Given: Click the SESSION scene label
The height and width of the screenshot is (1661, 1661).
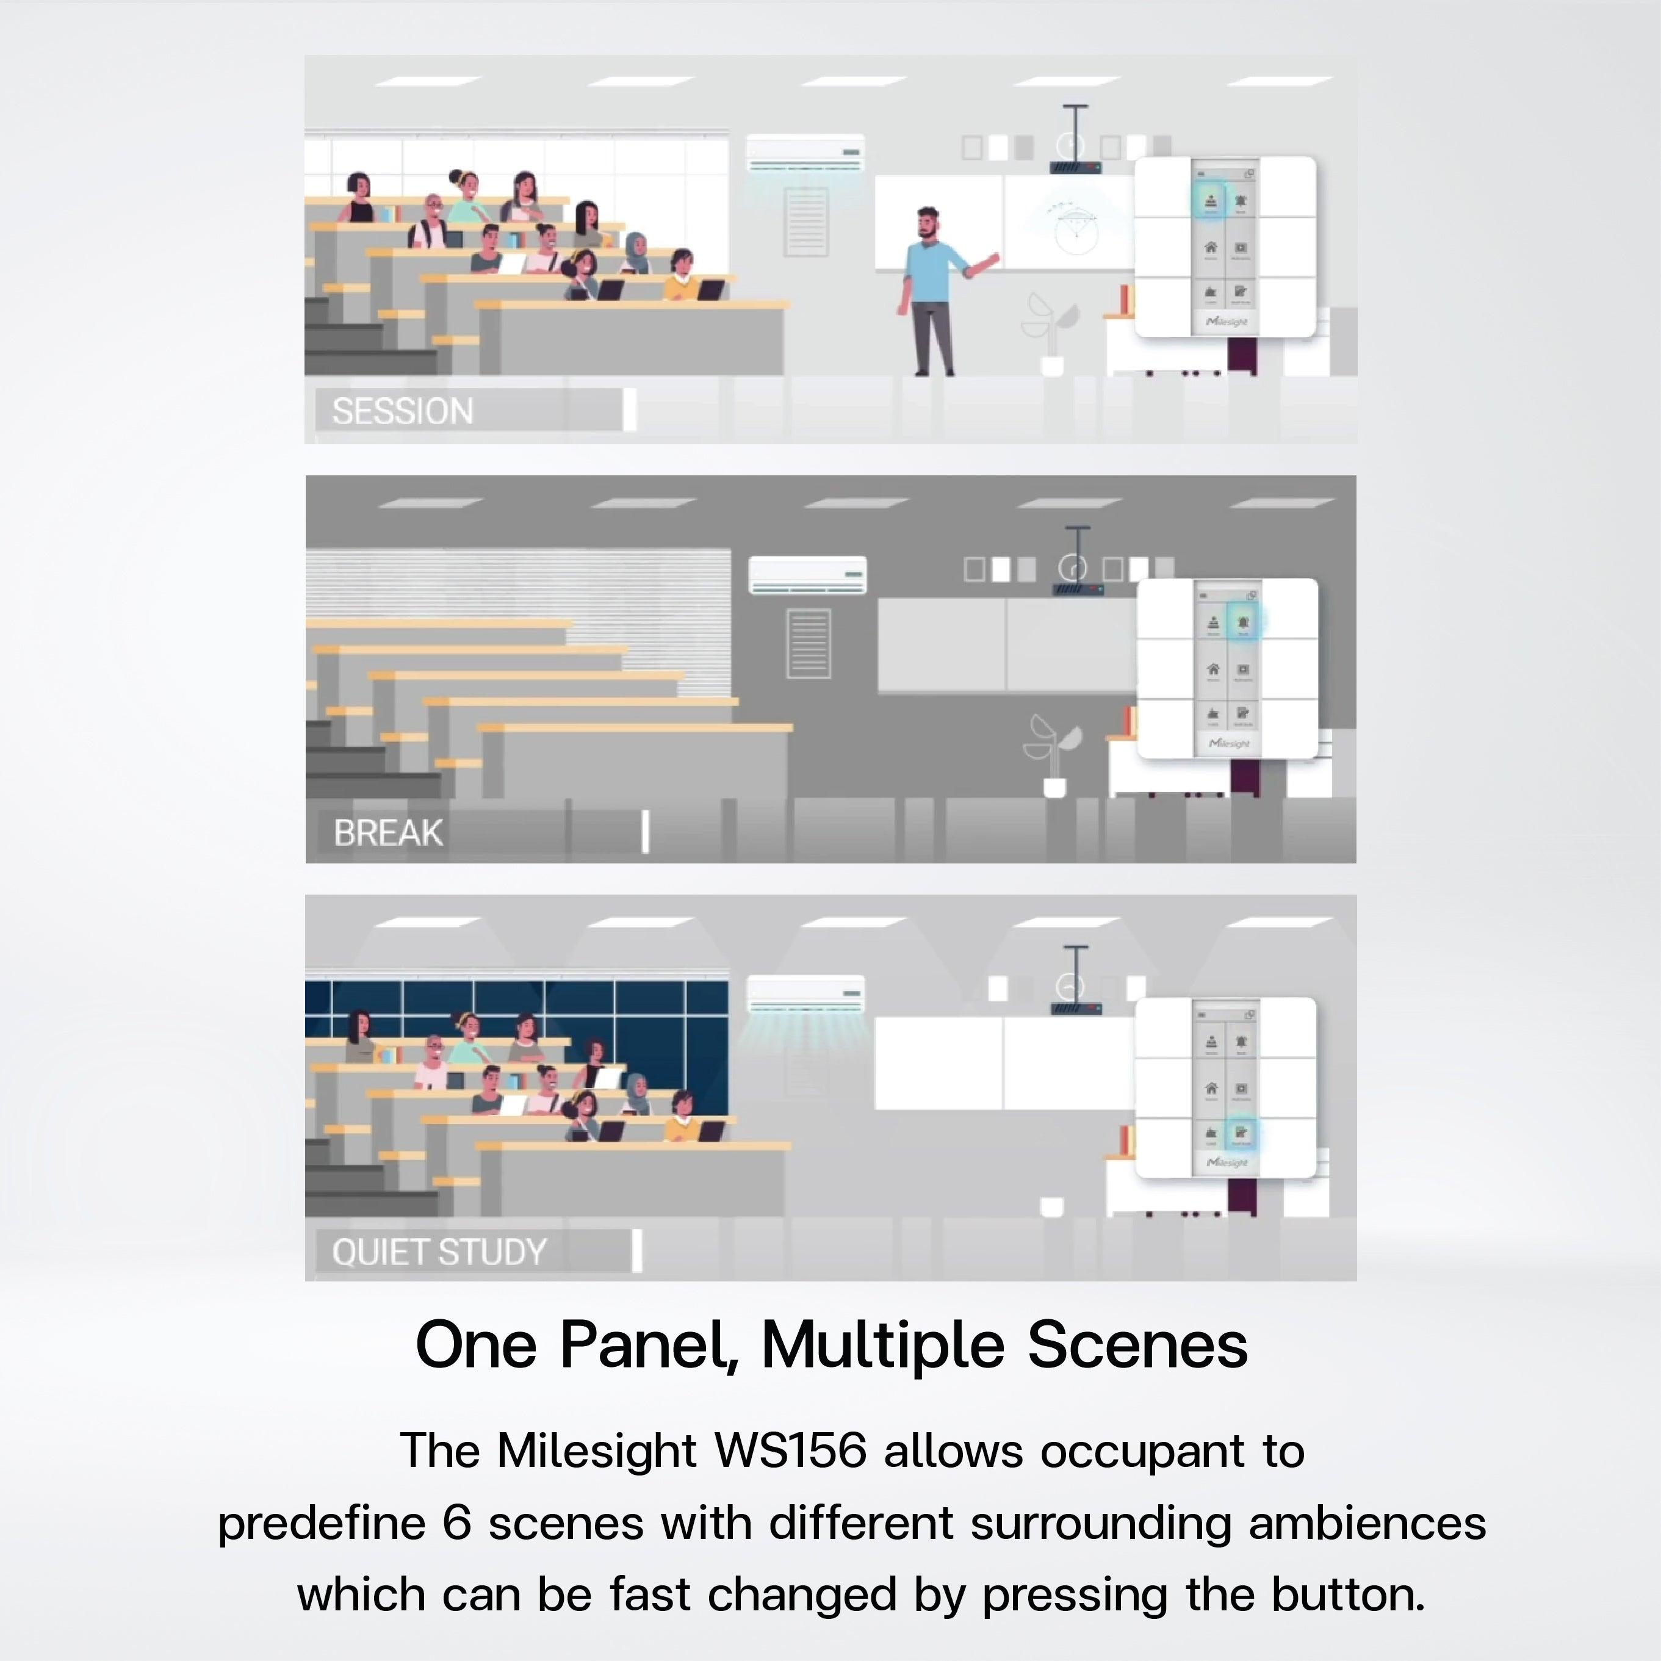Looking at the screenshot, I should [x=402, y=411].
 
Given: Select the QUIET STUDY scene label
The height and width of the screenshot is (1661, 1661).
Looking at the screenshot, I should [x=439, y=1252].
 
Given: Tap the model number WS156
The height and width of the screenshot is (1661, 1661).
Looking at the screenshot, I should [x=790, y=1450].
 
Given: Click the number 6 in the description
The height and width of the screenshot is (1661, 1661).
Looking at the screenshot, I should [x=456, y=1522].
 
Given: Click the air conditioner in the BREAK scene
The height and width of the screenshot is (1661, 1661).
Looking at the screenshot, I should [x=807, y=574].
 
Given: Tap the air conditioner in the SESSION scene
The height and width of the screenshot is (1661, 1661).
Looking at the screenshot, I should [x=805, y=153].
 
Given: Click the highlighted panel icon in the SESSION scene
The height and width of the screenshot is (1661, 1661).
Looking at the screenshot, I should [x=1211, y=200].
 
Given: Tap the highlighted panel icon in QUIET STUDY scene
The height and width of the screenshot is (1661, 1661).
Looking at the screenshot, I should [x=1241, y=1133].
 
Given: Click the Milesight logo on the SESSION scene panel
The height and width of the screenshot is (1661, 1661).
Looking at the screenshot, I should [x=1227, y=322].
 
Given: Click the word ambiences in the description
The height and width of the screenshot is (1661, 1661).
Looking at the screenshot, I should [x=1367, y=1522].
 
